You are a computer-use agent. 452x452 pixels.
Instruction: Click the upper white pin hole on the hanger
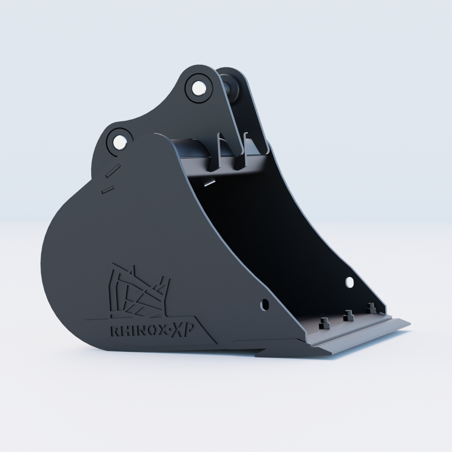click(x=199, y=88)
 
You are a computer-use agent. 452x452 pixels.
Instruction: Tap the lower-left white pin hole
click(x=120, y=142)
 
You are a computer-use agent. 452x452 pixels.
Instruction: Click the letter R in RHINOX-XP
click(x=115, y=331)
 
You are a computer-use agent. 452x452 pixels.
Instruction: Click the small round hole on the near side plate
click(x=264, y=304)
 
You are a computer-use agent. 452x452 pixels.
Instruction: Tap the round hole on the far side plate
click(x=350, y=282)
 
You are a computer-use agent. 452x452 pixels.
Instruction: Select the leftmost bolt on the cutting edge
click(x=324, y=324)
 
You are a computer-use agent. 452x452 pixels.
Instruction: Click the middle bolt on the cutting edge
click(x=348, y=316)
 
